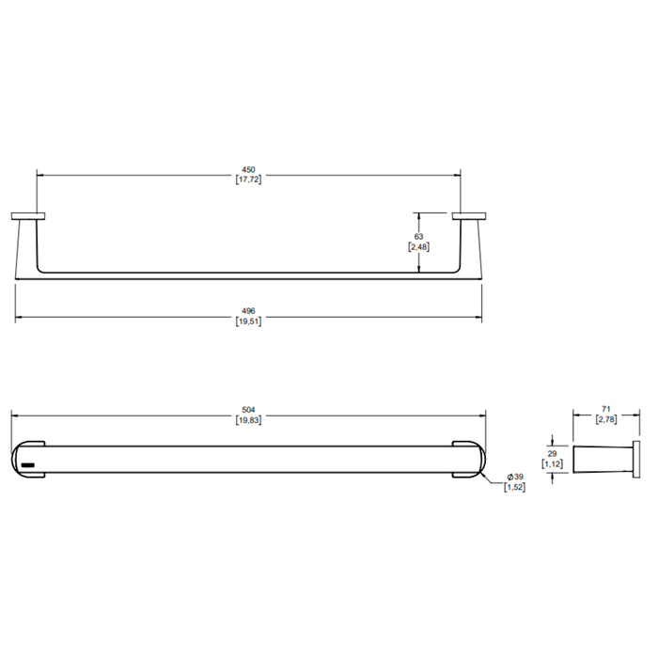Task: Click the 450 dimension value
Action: coord(248,170)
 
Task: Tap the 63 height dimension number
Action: coord(419,237)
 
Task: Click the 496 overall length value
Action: coord(248,311)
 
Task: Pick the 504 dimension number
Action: coord(248,410)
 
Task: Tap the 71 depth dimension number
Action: coord(606,409)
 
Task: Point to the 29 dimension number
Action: coord(553,454)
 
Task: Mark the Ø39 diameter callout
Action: coord(515,477)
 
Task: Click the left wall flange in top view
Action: coord(28,216)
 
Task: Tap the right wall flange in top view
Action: coord(469,216)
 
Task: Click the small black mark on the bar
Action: coord(27,465)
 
